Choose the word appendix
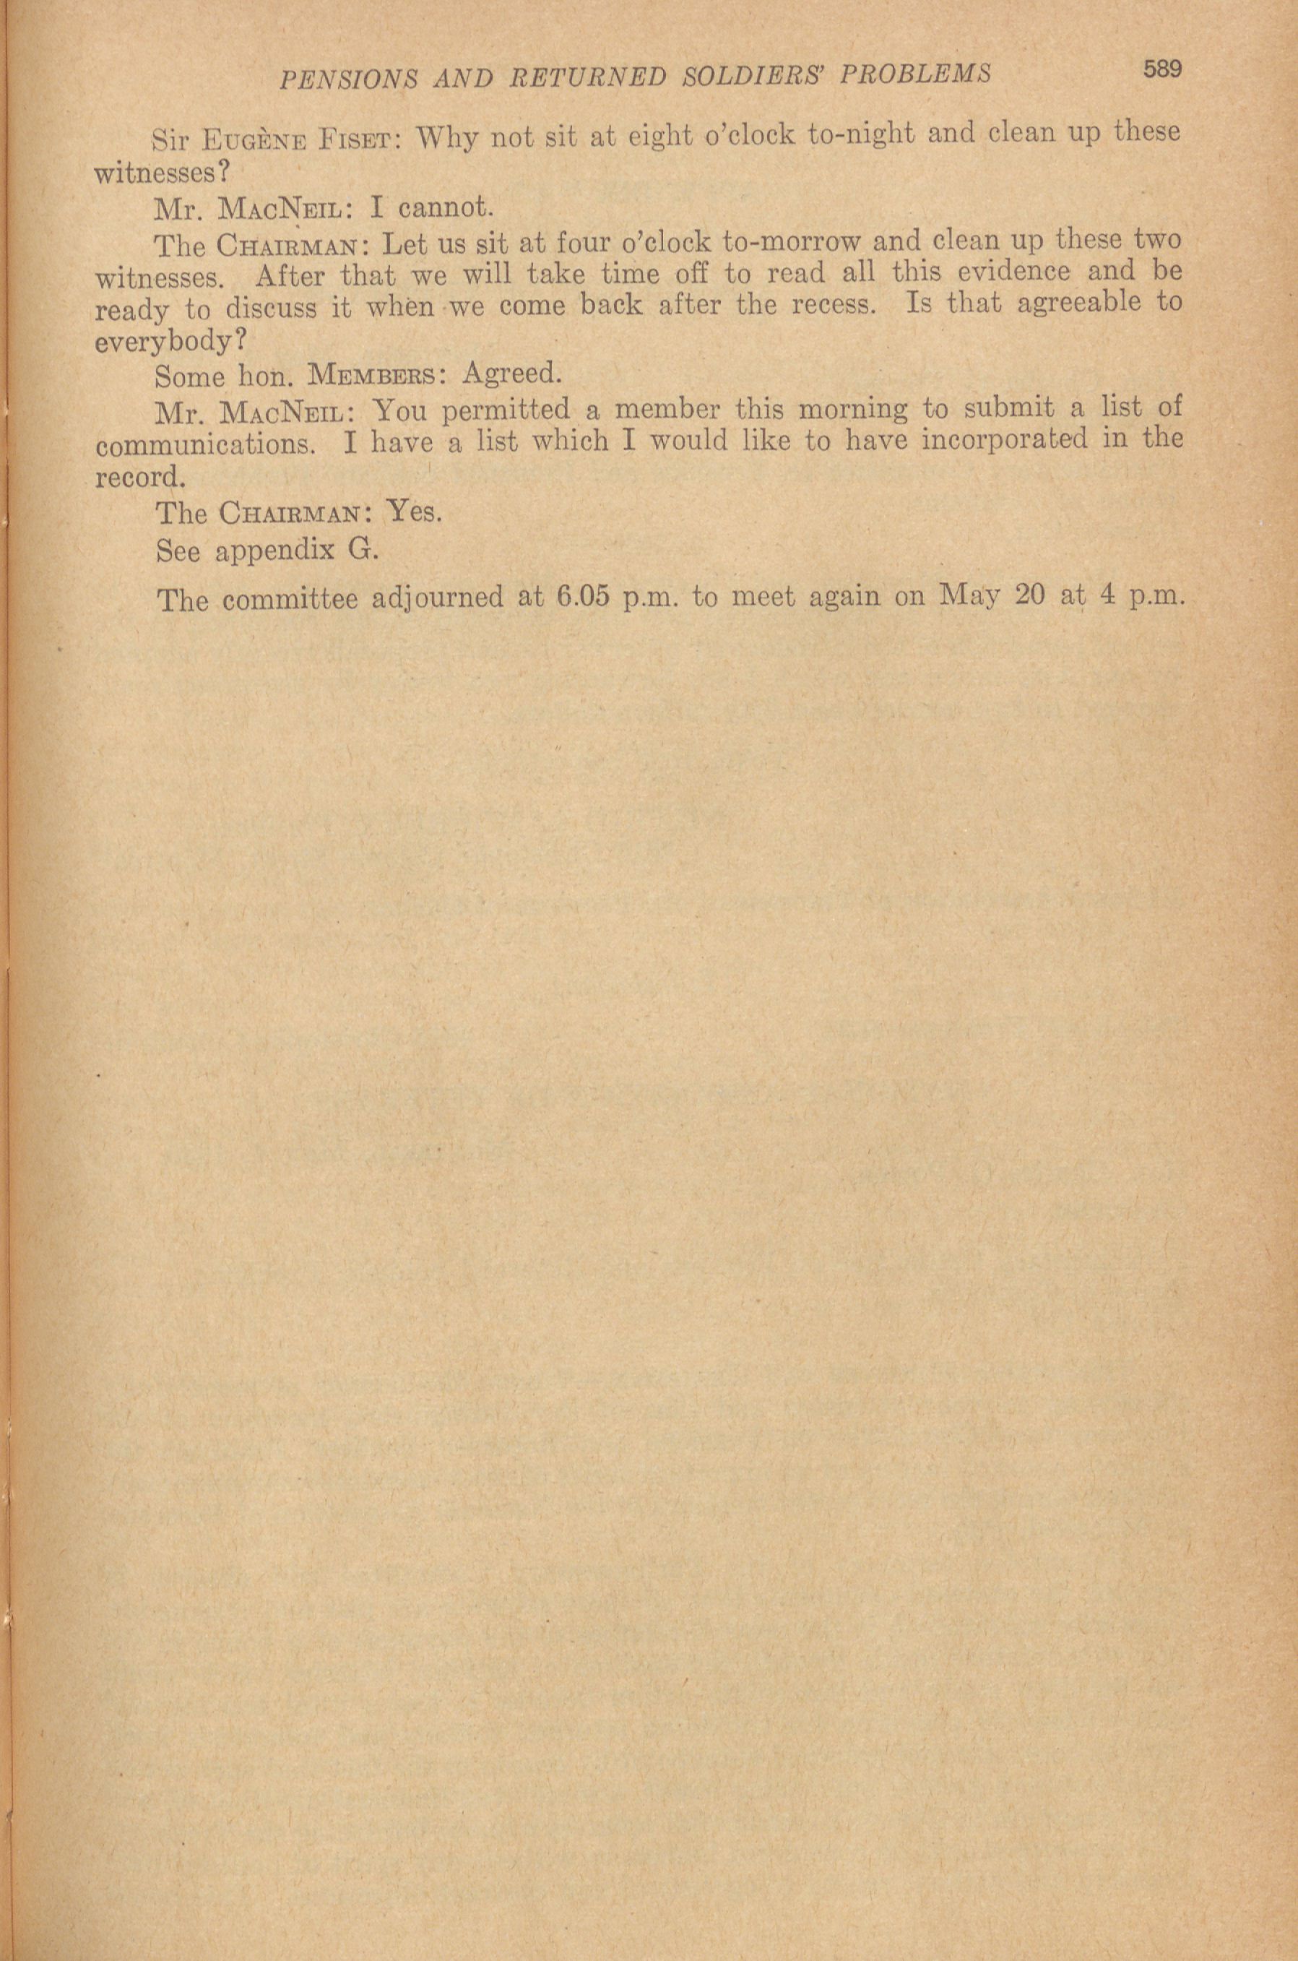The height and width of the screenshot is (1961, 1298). coord(272,551)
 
